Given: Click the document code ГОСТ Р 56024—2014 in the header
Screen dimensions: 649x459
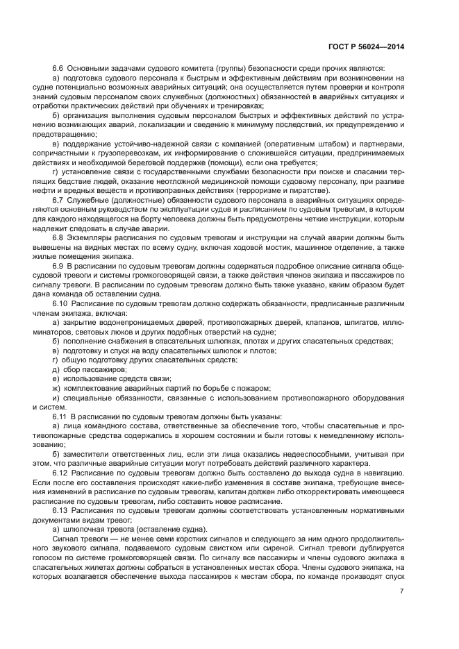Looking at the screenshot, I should coord(366,47).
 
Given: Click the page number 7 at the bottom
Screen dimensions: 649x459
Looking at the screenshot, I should coord(401,591).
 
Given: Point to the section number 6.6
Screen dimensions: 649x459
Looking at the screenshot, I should coord(58,68).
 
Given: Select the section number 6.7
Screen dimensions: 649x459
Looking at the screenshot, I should coord(58,200).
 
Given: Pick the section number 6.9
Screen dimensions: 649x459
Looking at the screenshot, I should coord(58,266).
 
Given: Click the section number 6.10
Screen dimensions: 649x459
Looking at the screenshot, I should coord(60,303).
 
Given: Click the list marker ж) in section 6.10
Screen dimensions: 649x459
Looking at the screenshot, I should coord(56,388).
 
